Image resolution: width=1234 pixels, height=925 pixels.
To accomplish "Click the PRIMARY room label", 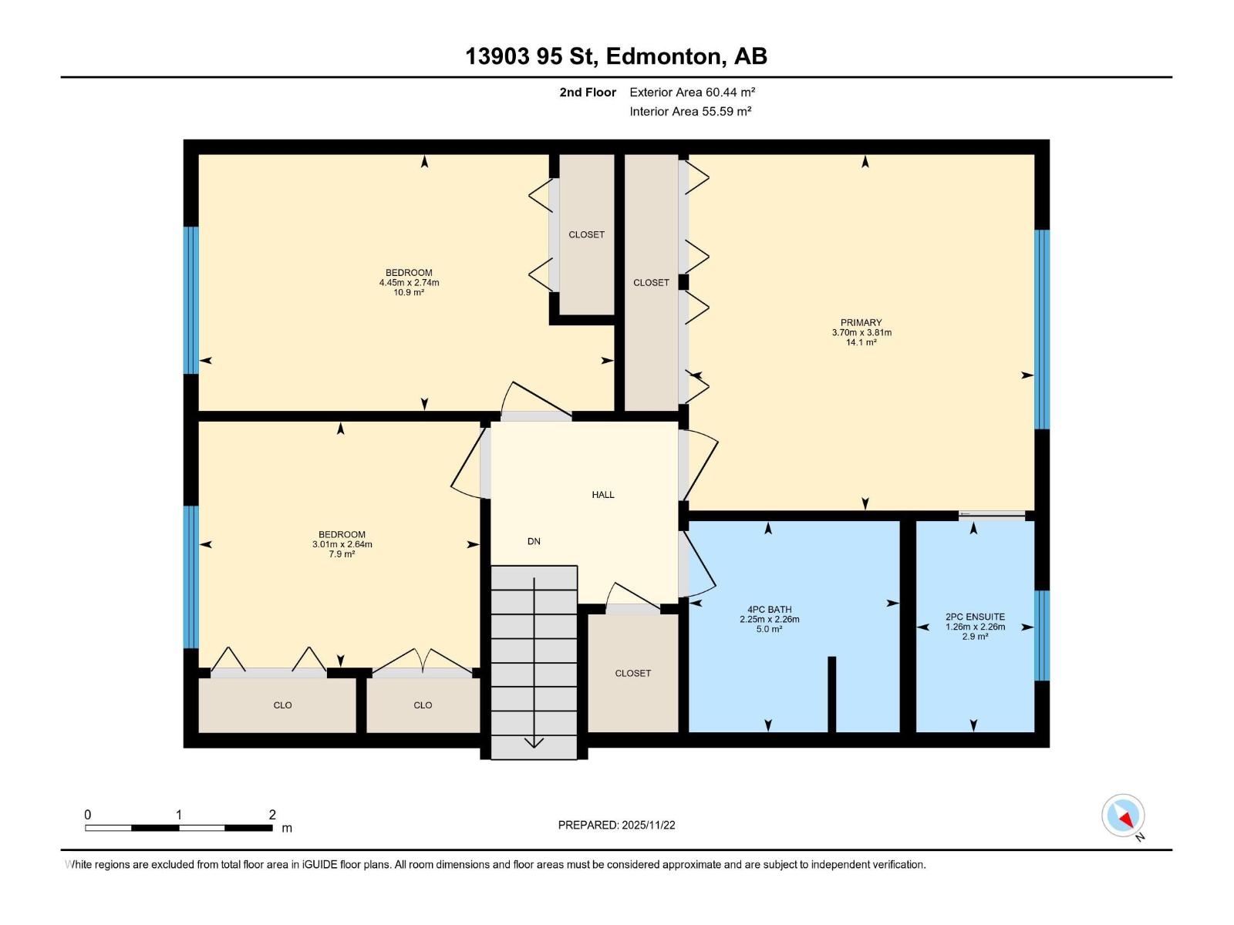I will [x=861, y=323].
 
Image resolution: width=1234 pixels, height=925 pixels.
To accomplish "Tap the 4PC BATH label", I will [x=769, y=610].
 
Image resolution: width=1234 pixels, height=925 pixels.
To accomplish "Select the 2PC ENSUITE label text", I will [x=975, y=617].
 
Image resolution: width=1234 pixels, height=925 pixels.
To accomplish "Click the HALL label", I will [x=603, y=495].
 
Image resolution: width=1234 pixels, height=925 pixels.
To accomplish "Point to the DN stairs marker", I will [x=534, y=542].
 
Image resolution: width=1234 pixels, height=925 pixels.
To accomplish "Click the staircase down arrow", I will [x=534, y=742].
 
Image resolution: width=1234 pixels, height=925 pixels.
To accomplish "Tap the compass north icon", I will [x=1123, y=816].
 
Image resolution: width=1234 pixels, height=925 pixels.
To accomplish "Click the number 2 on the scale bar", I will [x=272, y=815].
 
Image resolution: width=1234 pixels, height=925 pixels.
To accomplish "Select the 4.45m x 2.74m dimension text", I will [x=409, y=283].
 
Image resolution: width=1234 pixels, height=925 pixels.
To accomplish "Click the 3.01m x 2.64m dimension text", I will [x=342, y=545].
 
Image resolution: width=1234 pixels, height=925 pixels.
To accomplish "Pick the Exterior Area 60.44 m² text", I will [x=692, y=92].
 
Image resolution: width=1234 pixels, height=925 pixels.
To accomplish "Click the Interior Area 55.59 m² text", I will [x=690, y=112].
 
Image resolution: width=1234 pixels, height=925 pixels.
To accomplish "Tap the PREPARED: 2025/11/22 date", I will [x=616, y=825].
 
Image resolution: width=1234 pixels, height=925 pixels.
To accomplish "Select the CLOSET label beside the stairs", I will [x=632, y=674].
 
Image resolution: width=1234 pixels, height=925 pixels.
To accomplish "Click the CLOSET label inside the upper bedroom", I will [x=586, y=235].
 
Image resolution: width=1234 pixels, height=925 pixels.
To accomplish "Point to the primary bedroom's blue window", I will [x=1041, y=329].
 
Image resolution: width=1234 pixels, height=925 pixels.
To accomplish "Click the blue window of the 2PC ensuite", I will [x=1041, y=635].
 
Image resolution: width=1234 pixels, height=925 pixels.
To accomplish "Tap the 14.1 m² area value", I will [x=861, y=343].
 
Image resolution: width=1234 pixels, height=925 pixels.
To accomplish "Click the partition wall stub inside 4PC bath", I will [x=831, y=694].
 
